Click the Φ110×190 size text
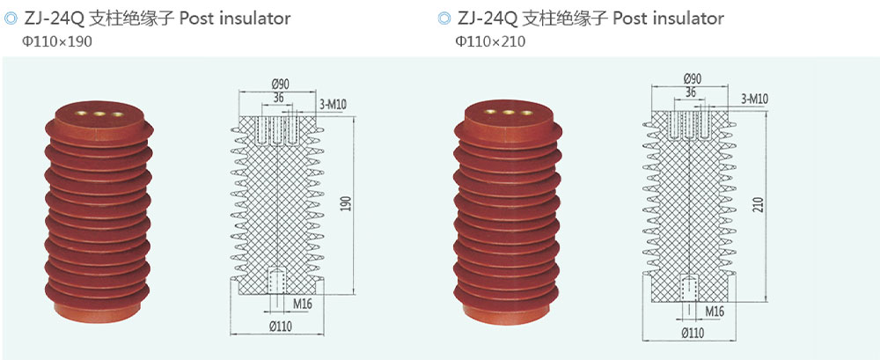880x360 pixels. click(57, 40)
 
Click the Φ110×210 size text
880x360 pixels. click(490, 40)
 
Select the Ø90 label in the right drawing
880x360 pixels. click(693, 79)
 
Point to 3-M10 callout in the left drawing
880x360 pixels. click(334, 104)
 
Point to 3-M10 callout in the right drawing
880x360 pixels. click(755, 99)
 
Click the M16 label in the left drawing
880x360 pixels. click(303, 304)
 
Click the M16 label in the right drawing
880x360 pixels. click(715, 312)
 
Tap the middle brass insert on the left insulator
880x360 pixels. click(89, 114)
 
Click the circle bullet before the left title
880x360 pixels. click(11, 18)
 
